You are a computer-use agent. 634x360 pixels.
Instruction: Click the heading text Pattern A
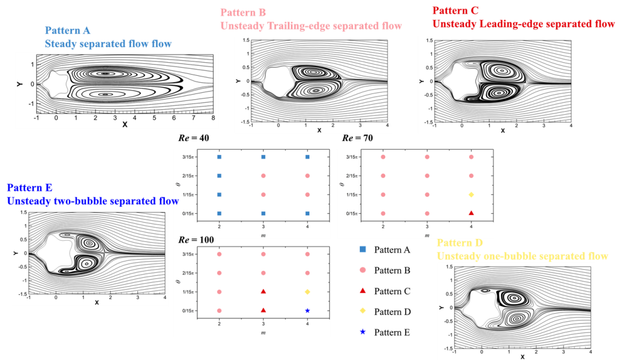[68, 30]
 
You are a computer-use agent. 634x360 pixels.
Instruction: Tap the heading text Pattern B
[243, 12]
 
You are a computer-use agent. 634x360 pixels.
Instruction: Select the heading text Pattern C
[456, 11]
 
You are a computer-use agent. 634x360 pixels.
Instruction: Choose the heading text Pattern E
[29, 188]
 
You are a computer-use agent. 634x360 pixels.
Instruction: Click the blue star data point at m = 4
[308, 310]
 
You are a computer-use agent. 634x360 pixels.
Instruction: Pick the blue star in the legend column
[363, 332]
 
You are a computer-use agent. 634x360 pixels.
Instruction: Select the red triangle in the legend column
[363, 290]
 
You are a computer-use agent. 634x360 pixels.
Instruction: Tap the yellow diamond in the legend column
[363, 311]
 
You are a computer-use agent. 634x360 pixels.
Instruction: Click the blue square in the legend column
[363, 249]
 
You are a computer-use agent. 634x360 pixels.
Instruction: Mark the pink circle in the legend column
[363, 270]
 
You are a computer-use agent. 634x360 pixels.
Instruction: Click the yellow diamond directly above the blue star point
[308, 292]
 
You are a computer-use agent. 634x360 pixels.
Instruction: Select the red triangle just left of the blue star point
[264, 310]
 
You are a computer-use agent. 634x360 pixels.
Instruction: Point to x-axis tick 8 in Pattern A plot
[213, 117]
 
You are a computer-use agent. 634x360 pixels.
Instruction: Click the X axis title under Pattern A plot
[124, 125]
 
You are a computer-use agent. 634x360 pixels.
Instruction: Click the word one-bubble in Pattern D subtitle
[509, 257]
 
